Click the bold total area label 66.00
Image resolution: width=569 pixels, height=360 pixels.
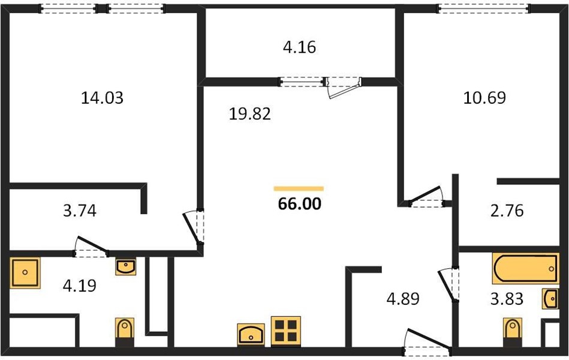click(300, 204)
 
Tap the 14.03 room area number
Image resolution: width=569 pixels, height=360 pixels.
click(102, 98)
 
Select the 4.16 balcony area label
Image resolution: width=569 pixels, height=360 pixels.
click(299, 47)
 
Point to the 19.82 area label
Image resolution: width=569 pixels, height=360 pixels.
click(249, 114)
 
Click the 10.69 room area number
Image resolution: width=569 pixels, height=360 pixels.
click(484, 98)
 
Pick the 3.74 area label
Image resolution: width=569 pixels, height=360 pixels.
click(80, 211)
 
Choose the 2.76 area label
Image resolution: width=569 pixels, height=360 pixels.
click(507, 211)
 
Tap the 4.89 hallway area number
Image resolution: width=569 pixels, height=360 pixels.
click(403, 299)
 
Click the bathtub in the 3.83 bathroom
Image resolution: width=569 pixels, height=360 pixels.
click(525, 268)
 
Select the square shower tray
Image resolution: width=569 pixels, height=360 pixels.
click(25, 272)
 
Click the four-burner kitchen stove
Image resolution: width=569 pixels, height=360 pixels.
click(286, 331)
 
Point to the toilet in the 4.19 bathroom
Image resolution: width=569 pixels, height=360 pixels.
click(125, 332)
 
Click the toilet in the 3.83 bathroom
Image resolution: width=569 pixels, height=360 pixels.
click(513, 332)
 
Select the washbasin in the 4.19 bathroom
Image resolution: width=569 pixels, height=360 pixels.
click(126, 267)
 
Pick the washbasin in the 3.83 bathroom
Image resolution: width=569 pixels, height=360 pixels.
click(550, 299)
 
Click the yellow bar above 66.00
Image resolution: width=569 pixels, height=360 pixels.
click(299, 188)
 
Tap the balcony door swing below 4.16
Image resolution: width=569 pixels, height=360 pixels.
click(344, 88)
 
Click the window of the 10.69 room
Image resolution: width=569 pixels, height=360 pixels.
click(483, 8)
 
